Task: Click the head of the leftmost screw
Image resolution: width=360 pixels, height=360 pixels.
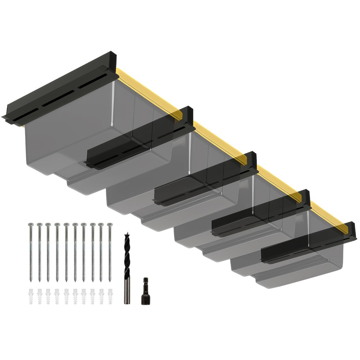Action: [x=31, y=225]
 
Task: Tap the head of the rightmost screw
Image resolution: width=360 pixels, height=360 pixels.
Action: [x=109, y=225]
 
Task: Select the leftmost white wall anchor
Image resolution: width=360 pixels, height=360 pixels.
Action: [x=31, y=296]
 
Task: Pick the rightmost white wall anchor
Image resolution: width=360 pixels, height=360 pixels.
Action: [x=110, y=296]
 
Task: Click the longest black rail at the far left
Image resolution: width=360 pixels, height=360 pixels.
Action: [x=58, y=90]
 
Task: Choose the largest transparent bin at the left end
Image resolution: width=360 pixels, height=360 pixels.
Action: [x=72, y=137]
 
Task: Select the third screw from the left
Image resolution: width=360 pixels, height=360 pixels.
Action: [x=48, y=252]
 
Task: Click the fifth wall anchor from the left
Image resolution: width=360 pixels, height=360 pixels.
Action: [x=66, y=296]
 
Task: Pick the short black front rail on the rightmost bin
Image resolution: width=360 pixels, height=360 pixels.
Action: [x=288, y=252]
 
